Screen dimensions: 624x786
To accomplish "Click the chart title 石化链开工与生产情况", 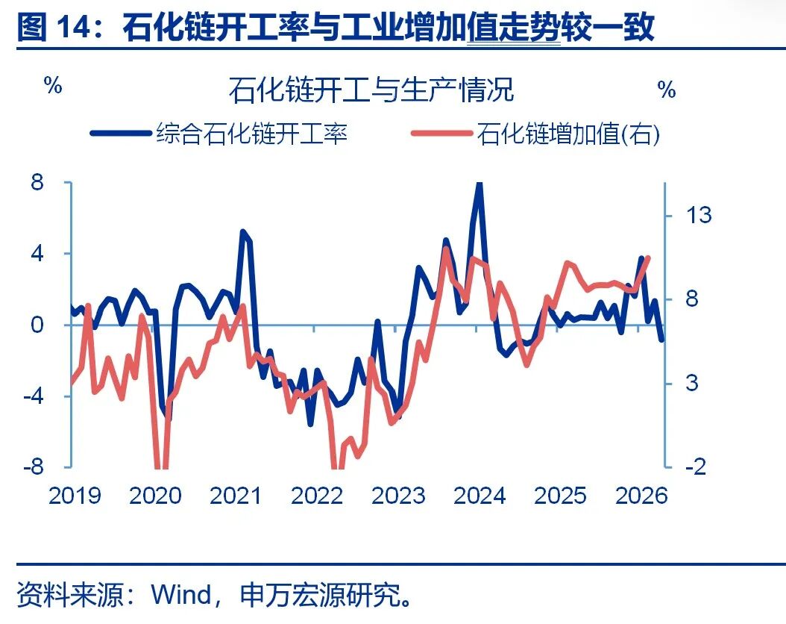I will click(371, 90).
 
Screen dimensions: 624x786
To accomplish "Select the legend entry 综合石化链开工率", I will click(251, 134).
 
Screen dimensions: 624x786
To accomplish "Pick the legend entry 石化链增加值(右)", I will click(568, 134).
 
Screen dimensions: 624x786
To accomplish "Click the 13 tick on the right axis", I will click(698, 216).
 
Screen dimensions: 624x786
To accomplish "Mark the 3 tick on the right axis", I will click(691, 384).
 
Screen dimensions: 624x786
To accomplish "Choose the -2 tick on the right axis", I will click(695, 467).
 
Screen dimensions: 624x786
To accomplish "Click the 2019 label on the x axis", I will click(75, 496).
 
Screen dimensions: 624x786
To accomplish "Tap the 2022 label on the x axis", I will click(317, 496).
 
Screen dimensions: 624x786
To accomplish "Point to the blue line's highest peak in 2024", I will click(479, 184).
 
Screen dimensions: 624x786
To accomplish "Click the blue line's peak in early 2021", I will click(243, 232).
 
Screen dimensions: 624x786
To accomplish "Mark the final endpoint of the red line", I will click(647, 258).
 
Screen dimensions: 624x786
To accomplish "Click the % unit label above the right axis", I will click(666, 90).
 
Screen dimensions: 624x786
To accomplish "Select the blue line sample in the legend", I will click(120, 134).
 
